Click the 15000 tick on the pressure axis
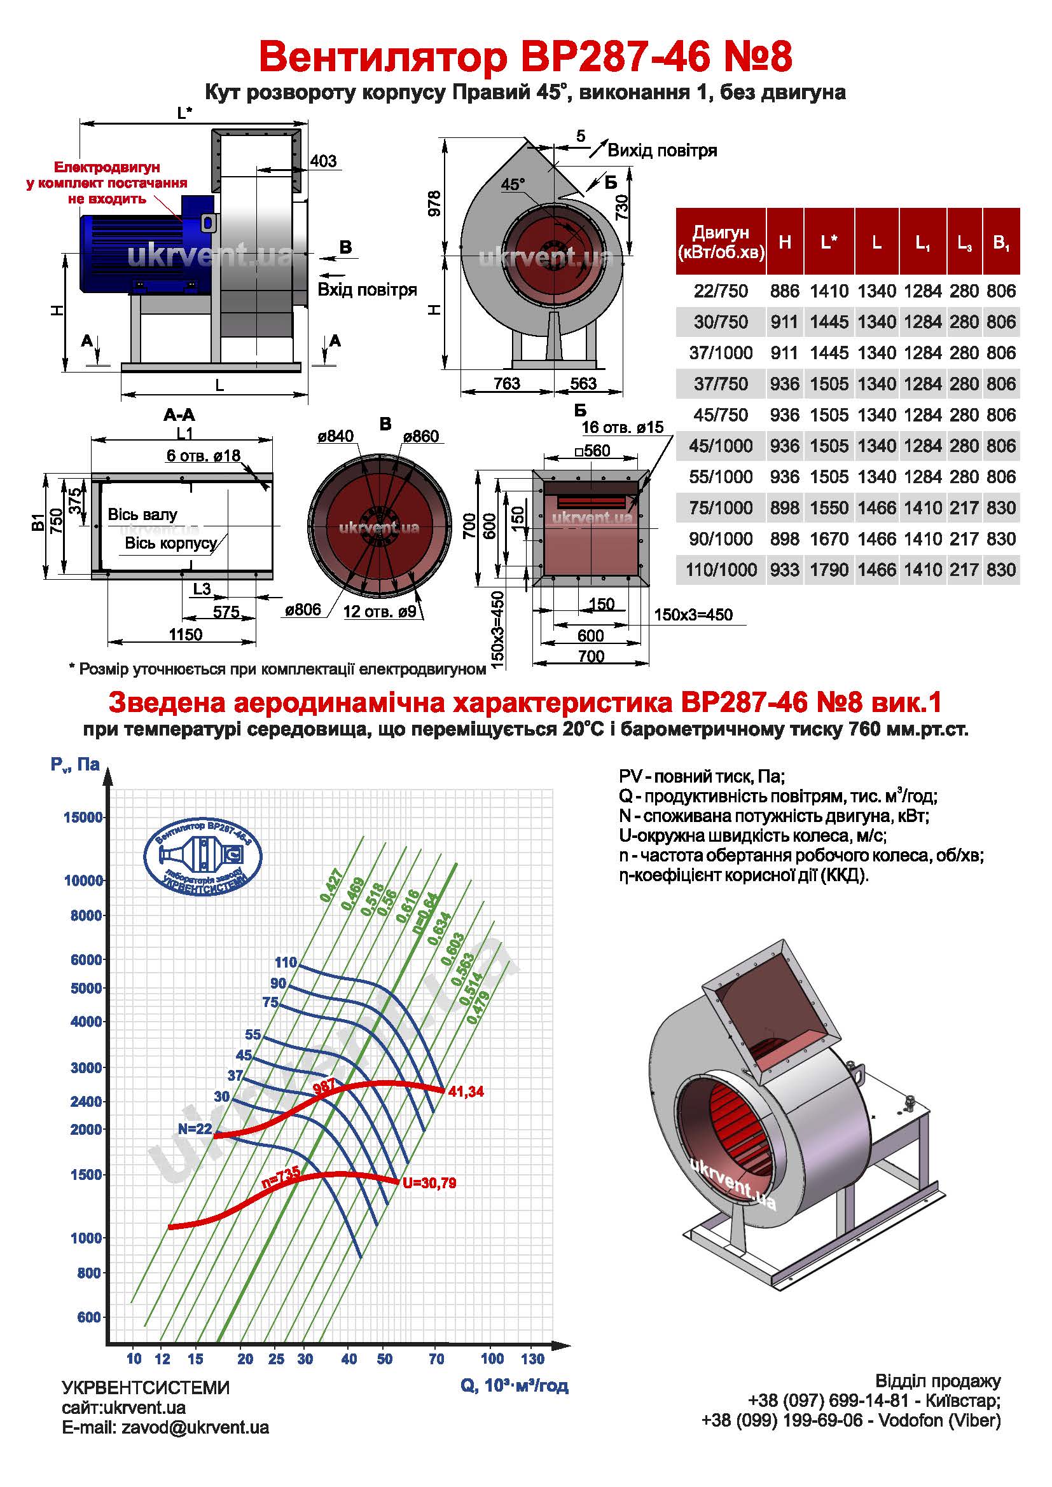click(83, 818)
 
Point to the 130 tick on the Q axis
click(532, 1358)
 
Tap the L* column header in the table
click(829, 242)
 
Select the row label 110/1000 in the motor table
click(721, 570)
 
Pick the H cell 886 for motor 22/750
click(784, 291)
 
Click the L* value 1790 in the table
click(829, 570)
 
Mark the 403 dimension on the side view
click(323, 161)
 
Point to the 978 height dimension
click(434, 203)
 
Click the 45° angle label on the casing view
click(513, 184)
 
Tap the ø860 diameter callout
click(420, 437)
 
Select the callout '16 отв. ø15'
click(623, 427)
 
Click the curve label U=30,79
click(429, 1183)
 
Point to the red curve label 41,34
click(465, 1092)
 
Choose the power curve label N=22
click(195, 1129)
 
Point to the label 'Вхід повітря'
click(366, 289)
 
